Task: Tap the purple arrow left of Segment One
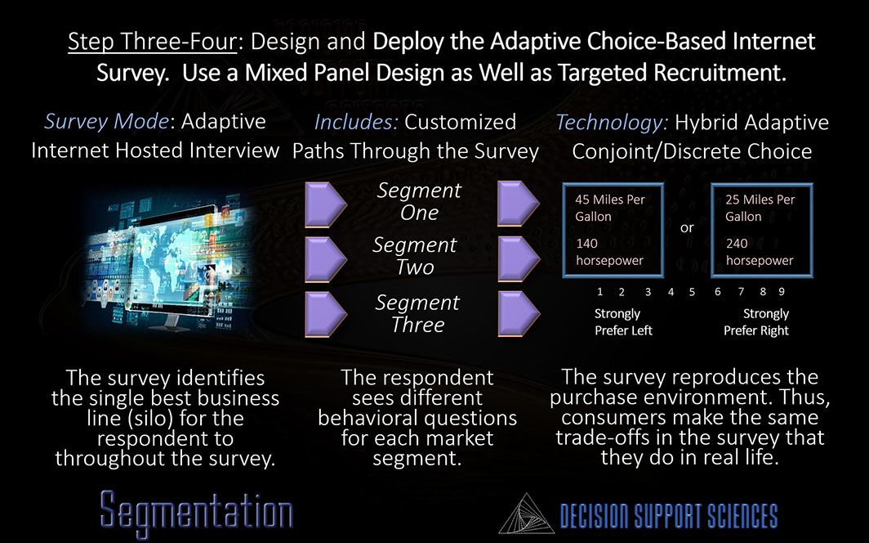[x=326, y=204]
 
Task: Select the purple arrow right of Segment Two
[x=519, y=258]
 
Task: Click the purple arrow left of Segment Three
[x=326, y=314]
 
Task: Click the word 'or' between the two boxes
[x=687, y=227]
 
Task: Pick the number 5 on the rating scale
[x=692, y=292]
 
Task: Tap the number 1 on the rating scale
[x=599, y=292]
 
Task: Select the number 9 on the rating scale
[x=782, y=291]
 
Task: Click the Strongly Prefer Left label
[x=623, y=322]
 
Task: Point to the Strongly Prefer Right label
[x=756, y=322]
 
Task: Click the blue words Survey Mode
[x=106, y=122]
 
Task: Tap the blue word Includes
[x=356, y=122]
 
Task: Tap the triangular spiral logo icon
[x=526, y=514]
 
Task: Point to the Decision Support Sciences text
[x=668, y=516]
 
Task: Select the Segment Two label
[x=415, y=256]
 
